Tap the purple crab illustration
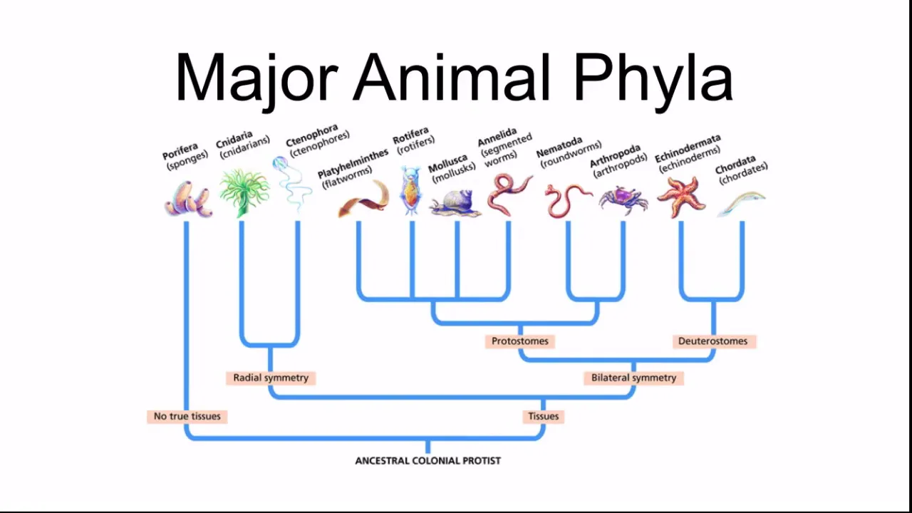[x=623, y=198]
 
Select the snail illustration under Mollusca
[x=455, y=202]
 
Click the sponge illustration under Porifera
[x=188, y=199]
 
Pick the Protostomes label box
[x=520, y=341]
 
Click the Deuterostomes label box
[x=712, y=341]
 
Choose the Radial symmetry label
[x=271, y=378]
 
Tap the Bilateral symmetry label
[x=633, y=378]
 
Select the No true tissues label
[x=187, y=416]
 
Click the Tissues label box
[x=543, y=416]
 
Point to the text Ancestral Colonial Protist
[x=427, y=461]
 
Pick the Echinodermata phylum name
[x=688, y=148]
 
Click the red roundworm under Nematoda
[x=567, y=199]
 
